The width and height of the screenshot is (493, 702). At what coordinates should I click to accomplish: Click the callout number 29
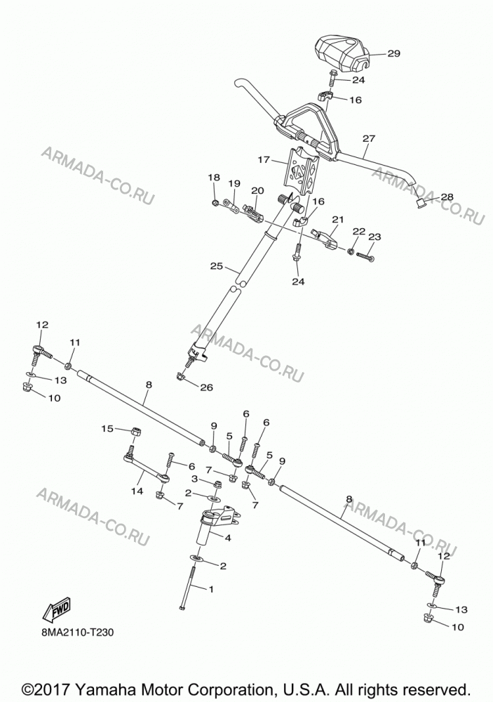coord(393,53)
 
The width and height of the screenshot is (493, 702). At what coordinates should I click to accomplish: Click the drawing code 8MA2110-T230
coord(76,633)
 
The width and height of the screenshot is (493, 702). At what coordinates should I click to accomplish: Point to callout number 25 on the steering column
coord(216,266)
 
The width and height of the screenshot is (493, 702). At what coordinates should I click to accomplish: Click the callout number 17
coord(264,159)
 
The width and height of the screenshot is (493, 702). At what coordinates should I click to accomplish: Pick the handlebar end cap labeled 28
coord(421,203)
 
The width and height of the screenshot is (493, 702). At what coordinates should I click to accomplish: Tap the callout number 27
coord(369,139)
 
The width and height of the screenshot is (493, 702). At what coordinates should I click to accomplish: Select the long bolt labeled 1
coord(187,588)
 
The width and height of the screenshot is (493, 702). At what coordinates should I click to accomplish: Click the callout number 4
coord(228,538)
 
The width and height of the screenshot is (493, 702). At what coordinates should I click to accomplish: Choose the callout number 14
coord(137,491)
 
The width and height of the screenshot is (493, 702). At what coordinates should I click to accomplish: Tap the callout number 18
coord(214,178)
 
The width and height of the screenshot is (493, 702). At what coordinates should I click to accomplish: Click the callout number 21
coord(338,219)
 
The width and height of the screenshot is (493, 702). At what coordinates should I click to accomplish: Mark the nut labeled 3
coord(218,484)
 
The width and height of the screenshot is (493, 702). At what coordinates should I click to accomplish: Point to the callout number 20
coord(257,190)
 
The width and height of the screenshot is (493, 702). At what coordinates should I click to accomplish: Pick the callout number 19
coord(234,183)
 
